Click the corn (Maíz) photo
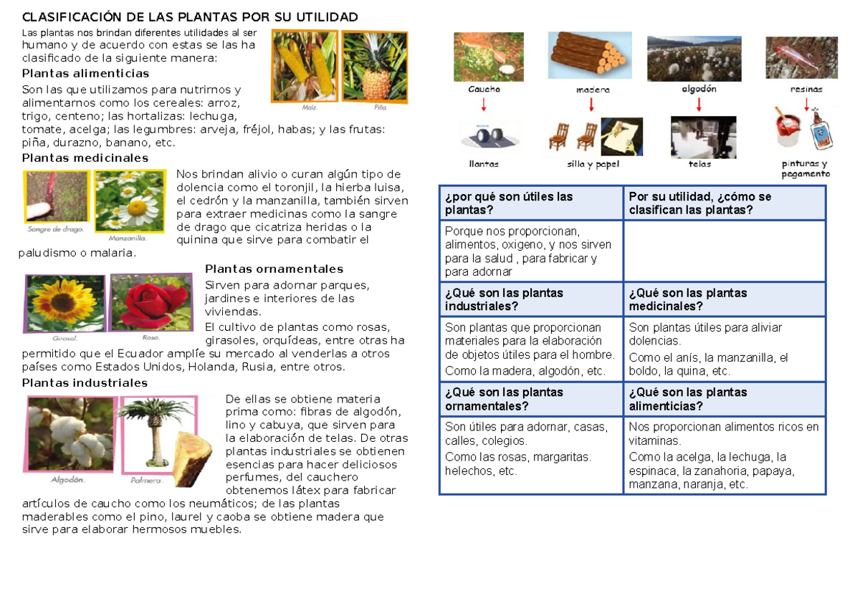point(304,67)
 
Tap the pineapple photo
point(373,67)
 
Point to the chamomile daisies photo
point(129,201)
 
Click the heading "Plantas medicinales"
point(85,158)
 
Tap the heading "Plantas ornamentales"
point(274,269)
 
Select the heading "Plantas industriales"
point(85,383)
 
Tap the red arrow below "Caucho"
point(484,105)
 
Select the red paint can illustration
point(788,129)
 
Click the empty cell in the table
point(724,251)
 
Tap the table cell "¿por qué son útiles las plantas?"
point(530,203)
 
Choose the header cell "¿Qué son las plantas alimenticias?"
point(724,399)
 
